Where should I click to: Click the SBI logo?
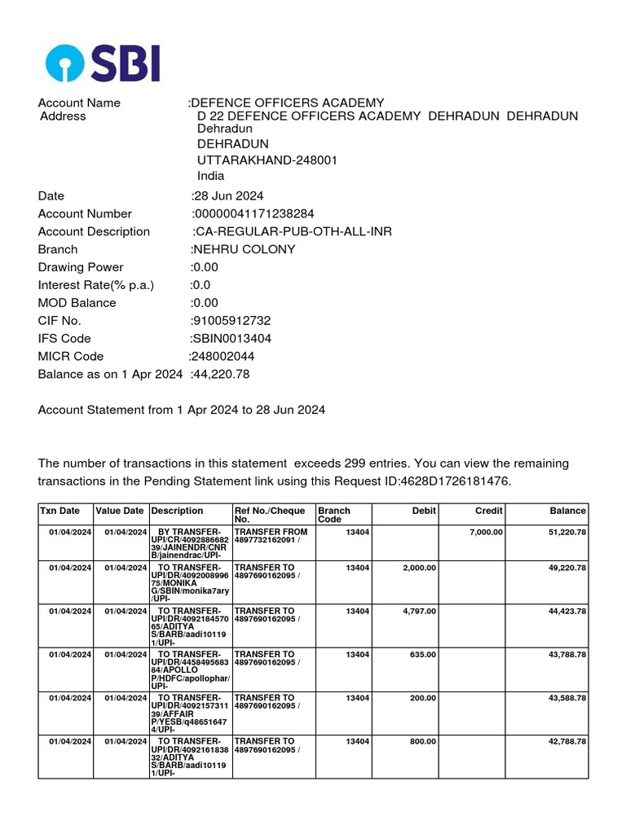click(103, 64)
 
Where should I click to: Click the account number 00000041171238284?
click(253, 214)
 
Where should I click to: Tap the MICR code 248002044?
click(223, 357)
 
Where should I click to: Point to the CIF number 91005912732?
click(231, 321)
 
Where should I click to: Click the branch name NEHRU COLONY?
click(244, 250)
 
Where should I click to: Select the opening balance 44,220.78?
click(221, 375)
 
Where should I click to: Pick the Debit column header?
click(424, 511)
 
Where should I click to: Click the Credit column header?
click(489, 511)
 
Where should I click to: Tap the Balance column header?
click(567, 511)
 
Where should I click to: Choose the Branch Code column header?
click(334, 515)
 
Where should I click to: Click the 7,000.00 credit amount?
click(486, 533)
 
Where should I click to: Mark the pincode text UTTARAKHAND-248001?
click(267, 160)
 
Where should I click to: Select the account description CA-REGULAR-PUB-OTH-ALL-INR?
click(293, 232)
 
